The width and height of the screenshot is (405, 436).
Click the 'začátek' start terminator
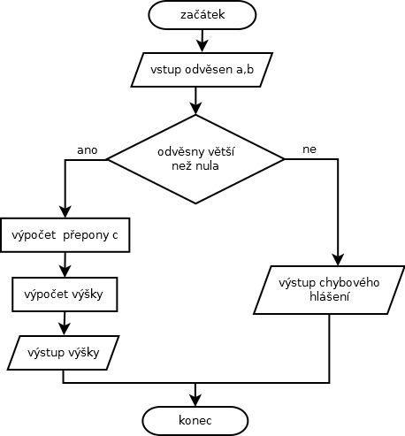pos(202,15)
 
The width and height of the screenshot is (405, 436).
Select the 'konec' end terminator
pos(195,421)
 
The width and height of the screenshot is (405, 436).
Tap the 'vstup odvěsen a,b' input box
pos(202,70)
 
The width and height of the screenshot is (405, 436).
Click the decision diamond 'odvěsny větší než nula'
pos(195,159)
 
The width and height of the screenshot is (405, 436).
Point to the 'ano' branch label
pos(88,150)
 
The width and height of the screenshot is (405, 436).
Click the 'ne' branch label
pos(309,149)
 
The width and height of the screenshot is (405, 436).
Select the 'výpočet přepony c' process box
pos(65,235)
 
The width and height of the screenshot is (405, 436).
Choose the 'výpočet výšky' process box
pos(65,294)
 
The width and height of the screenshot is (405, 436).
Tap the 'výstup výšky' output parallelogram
pos(64,353)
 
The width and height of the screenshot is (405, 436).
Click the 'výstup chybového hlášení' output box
pos(329,290)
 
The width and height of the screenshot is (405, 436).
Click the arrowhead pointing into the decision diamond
pos(195,109)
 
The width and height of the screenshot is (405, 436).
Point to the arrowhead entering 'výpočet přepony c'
pos(65,212)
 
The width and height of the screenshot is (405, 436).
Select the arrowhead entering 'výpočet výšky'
pos(65,271)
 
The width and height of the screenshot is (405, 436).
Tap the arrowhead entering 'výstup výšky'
pos(65,329)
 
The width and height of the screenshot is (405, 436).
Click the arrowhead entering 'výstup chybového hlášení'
pos(338,260)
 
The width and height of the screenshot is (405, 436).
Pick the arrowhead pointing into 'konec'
pos(195,401)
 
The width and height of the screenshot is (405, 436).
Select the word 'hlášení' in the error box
pos(329,296)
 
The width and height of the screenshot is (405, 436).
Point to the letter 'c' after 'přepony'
pos(115,235)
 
